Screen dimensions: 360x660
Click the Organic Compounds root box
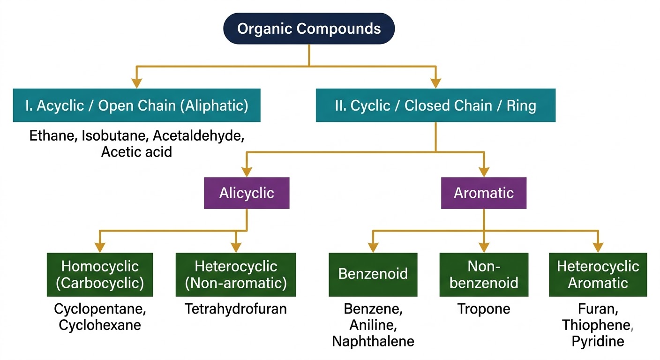pyautogui.click(x=309, y=29)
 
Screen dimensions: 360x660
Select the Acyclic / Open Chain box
pyautogui.click(x=136, y=105)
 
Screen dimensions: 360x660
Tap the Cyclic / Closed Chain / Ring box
pyautogui.click(x=435, y=105)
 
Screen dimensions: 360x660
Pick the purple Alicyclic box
pyautogui.click(x=247, y=193)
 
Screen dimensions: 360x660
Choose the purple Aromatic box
pyautogui.click(x=484, y=193)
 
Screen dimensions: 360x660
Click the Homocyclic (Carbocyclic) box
pyautogui.click(x=100, y=275)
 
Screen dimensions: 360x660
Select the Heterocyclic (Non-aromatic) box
pyautogui.click(x=236, y=275)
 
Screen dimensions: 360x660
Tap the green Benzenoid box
pyautogui.click(x=373, y=275)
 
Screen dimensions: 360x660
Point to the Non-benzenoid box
pyautogui.click(x=484, y=275)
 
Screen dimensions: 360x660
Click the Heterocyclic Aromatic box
pyautogui.click(x=598, y=275)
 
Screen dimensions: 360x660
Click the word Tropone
pyautogui.click(x=484, y=309)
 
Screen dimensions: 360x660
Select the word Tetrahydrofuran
pyautogui.click(x=236, y=309)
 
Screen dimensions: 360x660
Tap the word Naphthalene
pyautogui.click(x=373, y=341)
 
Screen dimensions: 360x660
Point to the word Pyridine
pyautogui.click(x=598, y=341)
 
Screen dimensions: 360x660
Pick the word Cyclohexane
pyautogui.click(x=100, y=325)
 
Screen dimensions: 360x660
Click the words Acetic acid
pyautogui.click(x=136, y=152)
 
